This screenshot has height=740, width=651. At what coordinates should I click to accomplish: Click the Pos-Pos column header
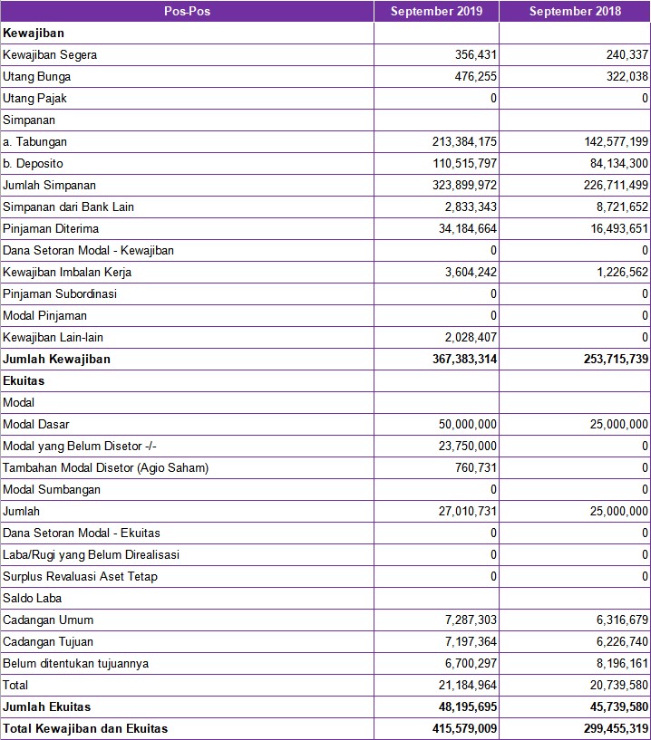point(187,12)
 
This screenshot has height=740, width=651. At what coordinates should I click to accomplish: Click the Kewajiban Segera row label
point(50,55)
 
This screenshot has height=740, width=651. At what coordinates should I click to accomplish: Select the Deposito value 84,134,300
point(607,164)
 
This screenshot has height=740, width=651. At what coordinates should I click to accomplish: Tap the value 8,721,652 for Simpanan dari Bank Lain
point(615,207)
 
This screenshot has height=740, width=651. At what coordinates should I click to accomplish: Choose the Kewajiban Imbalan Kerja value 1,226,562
point(615,273)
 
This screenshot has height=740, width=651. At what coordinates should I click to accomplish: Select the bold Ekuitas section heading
point(24,381)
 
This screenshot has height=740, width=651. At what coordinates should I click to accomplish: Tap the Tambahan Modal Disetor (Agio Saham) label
point(106,468)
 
